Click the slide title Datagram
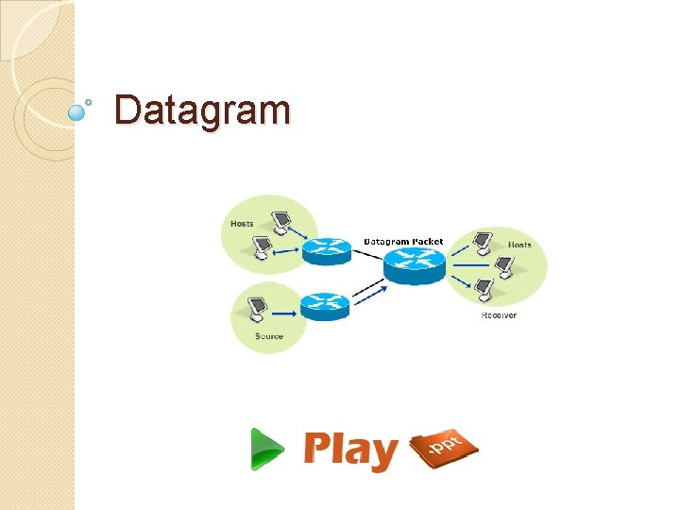[201, 110]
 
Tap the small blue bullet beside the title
[79, 111]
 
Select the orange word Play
[350, 450]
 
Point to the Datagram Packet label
[403, 242]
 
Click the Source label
[269, 336]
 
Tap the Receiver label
[498, 314]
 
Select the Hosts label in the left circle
[241, 224]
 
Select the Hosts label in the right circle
[519, 245]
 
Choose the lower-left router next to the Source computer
[325, 304]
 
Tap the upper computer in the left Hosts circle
[280, 221]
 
